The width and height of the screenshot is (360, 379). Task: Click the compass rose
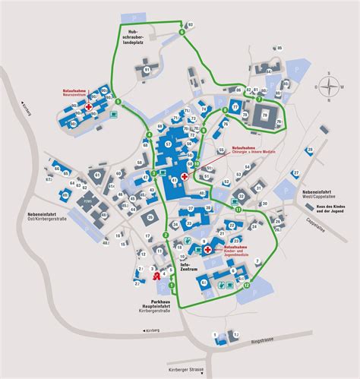pos(327,87)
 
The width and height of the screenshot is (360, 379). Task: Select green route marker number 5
pos(118,103)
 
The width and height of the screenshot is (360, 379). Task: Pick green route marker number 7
pos(259,99)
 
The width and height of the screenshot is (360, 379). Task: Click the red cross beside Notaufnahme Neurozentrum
pos(90,109)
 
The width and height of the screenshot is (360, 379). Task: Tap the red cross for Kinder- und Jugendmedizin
pos(207,248)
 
